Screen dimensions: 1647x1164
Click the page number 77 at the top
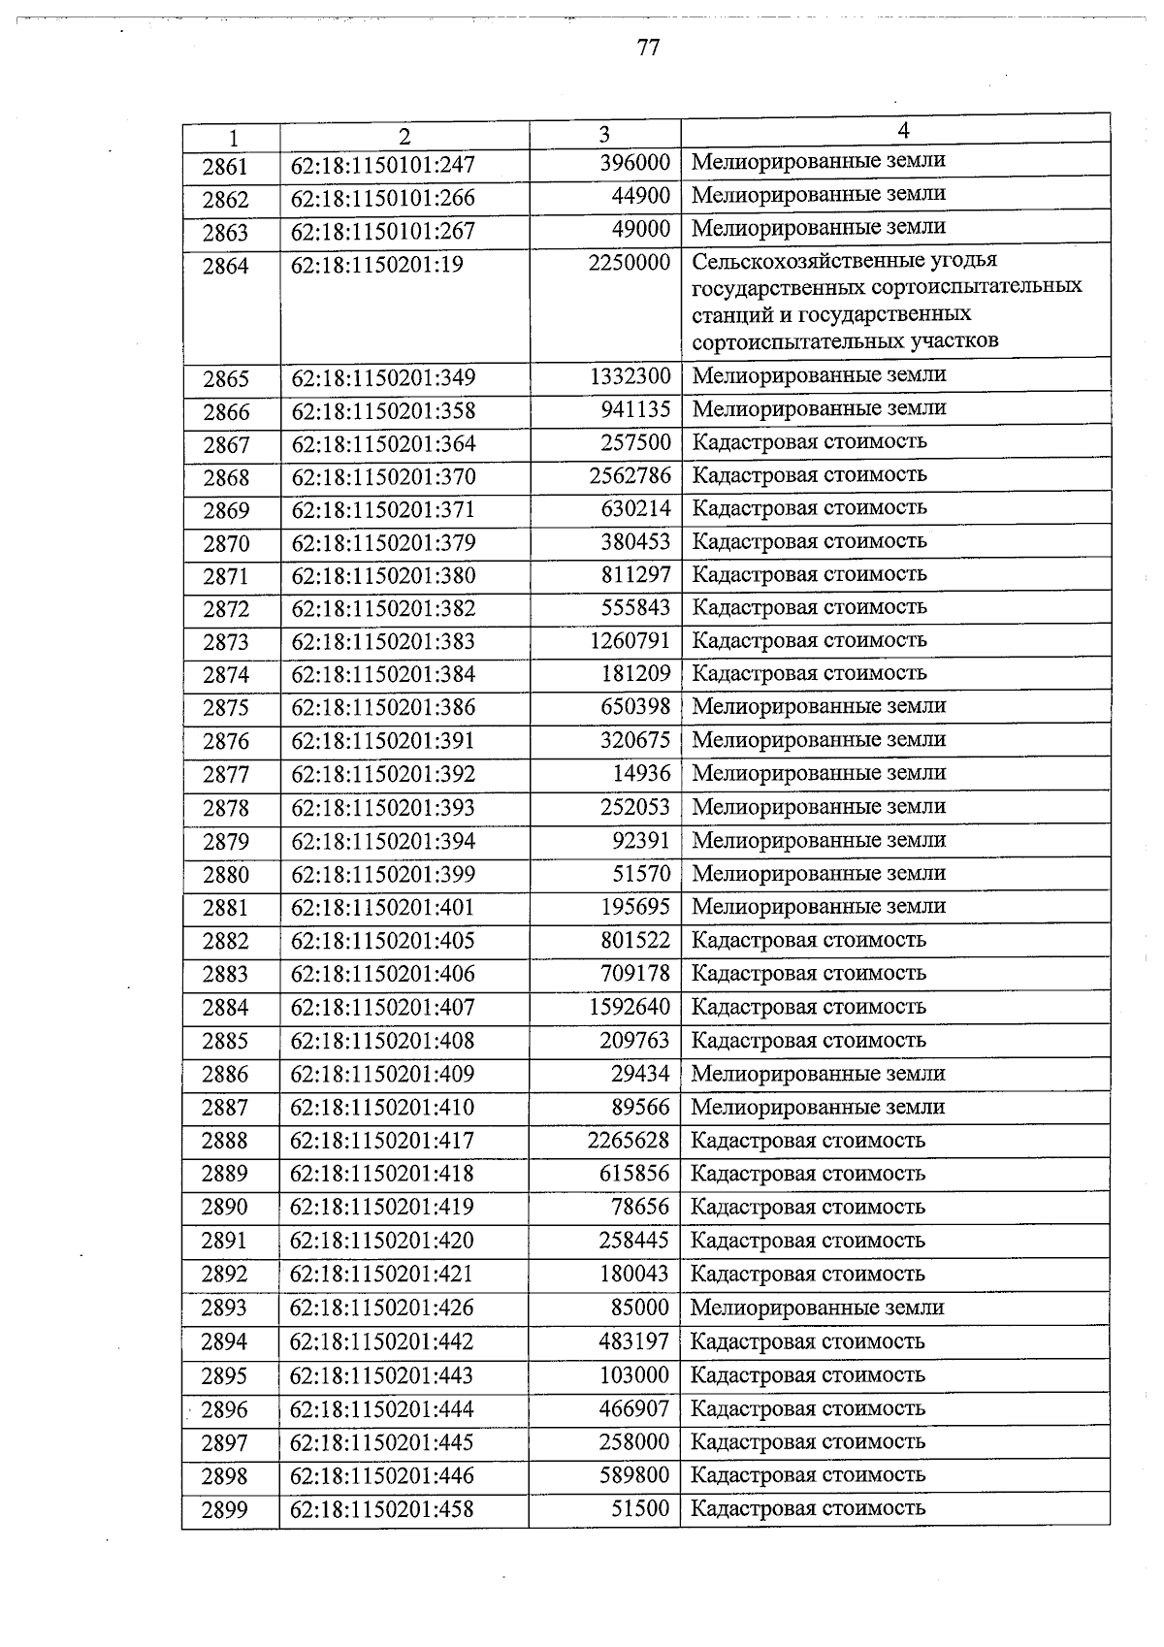[x=649, y=48]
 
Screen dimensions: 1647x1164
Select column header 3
[x=604, y=135]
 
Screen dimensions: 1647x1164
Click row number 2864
[x=225, y=267]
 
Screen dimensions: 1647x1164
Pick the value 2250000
[x=629, y=263]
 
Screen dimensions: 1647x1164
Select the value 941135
[x=635, y=409]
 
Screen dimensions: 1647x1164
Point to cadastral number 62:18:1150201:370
[x=383, y=476]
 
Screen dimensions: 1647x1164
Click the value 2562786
[x=629, y=475]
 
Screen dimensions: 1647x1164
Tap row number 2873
[x=225, y=642]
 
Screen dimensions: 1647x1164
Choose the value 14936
[x=640, y=773]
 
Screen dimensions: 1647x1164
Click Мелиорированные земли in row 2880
[x=818, y=873]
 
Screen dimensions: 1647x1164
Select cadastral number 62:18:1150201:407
[x=382, y=1007]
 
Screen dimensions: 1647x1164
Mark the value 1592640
[x=629, y=1007]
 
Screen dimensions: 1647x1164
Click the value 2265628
[x=628, y=1141]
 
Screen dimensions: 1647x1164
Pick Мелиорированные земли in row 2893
[x=817, y=1308]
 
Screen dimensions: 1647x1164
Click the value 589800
[x=634, y=1475]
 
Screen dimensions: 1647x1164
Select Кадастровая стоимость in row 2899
[x=807, y=1508]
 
